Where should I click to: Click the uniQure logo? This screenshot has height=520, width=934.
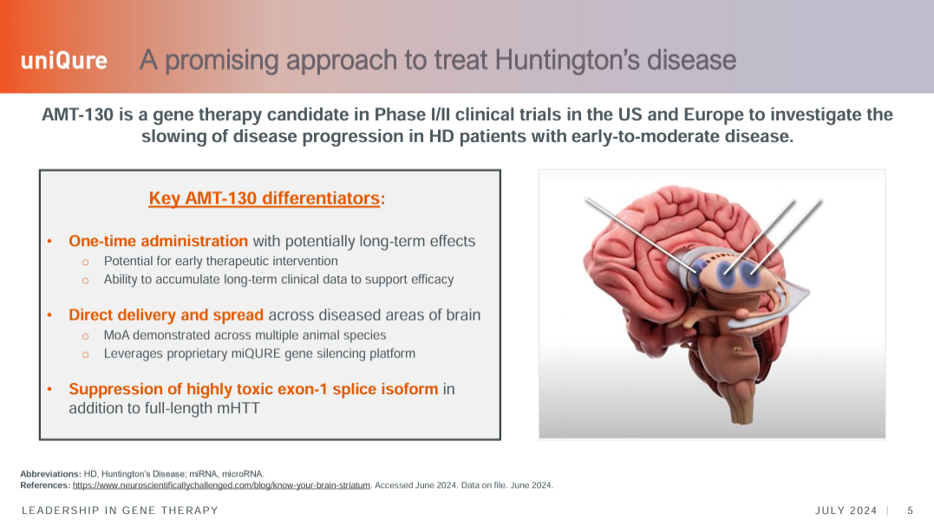64,61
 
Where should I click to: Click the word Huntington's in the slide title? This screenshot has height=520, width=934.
567,60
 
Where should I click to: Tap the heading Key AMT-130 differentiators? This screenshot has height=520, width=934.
264,198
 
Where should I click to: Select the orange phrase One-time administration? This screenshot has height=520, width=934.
158,241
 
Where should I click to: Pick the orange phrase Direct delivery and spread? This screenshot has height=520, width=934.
166,315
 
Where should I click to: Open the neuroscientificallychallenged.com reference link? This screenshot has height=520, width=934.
221,485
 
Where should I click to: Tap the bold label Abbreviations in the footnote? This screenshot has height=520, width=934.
50,474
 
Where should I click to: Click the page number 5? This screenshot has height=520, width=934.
911,510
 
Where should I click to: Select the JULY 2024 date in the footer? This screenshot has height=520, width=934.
846,510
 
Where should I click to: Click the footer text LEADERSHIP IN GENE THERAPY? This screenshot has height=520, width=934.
120,510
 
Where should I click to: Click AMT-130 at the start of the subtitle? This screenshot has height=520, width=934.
77,114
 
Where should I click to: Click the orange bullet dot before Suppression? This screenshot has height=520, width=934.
49,389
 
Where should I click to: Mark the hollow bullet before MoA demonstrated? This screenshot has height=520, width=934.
85,336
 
